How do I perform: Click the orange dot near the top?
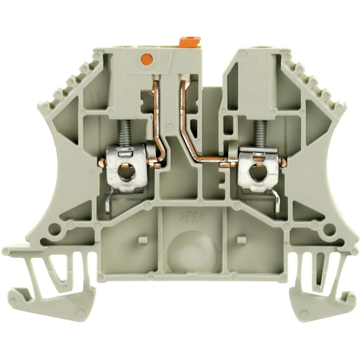point(147,59)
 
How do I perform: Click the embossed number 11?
point(94,98)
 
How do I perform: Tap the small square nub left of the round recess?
point(143,240)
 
